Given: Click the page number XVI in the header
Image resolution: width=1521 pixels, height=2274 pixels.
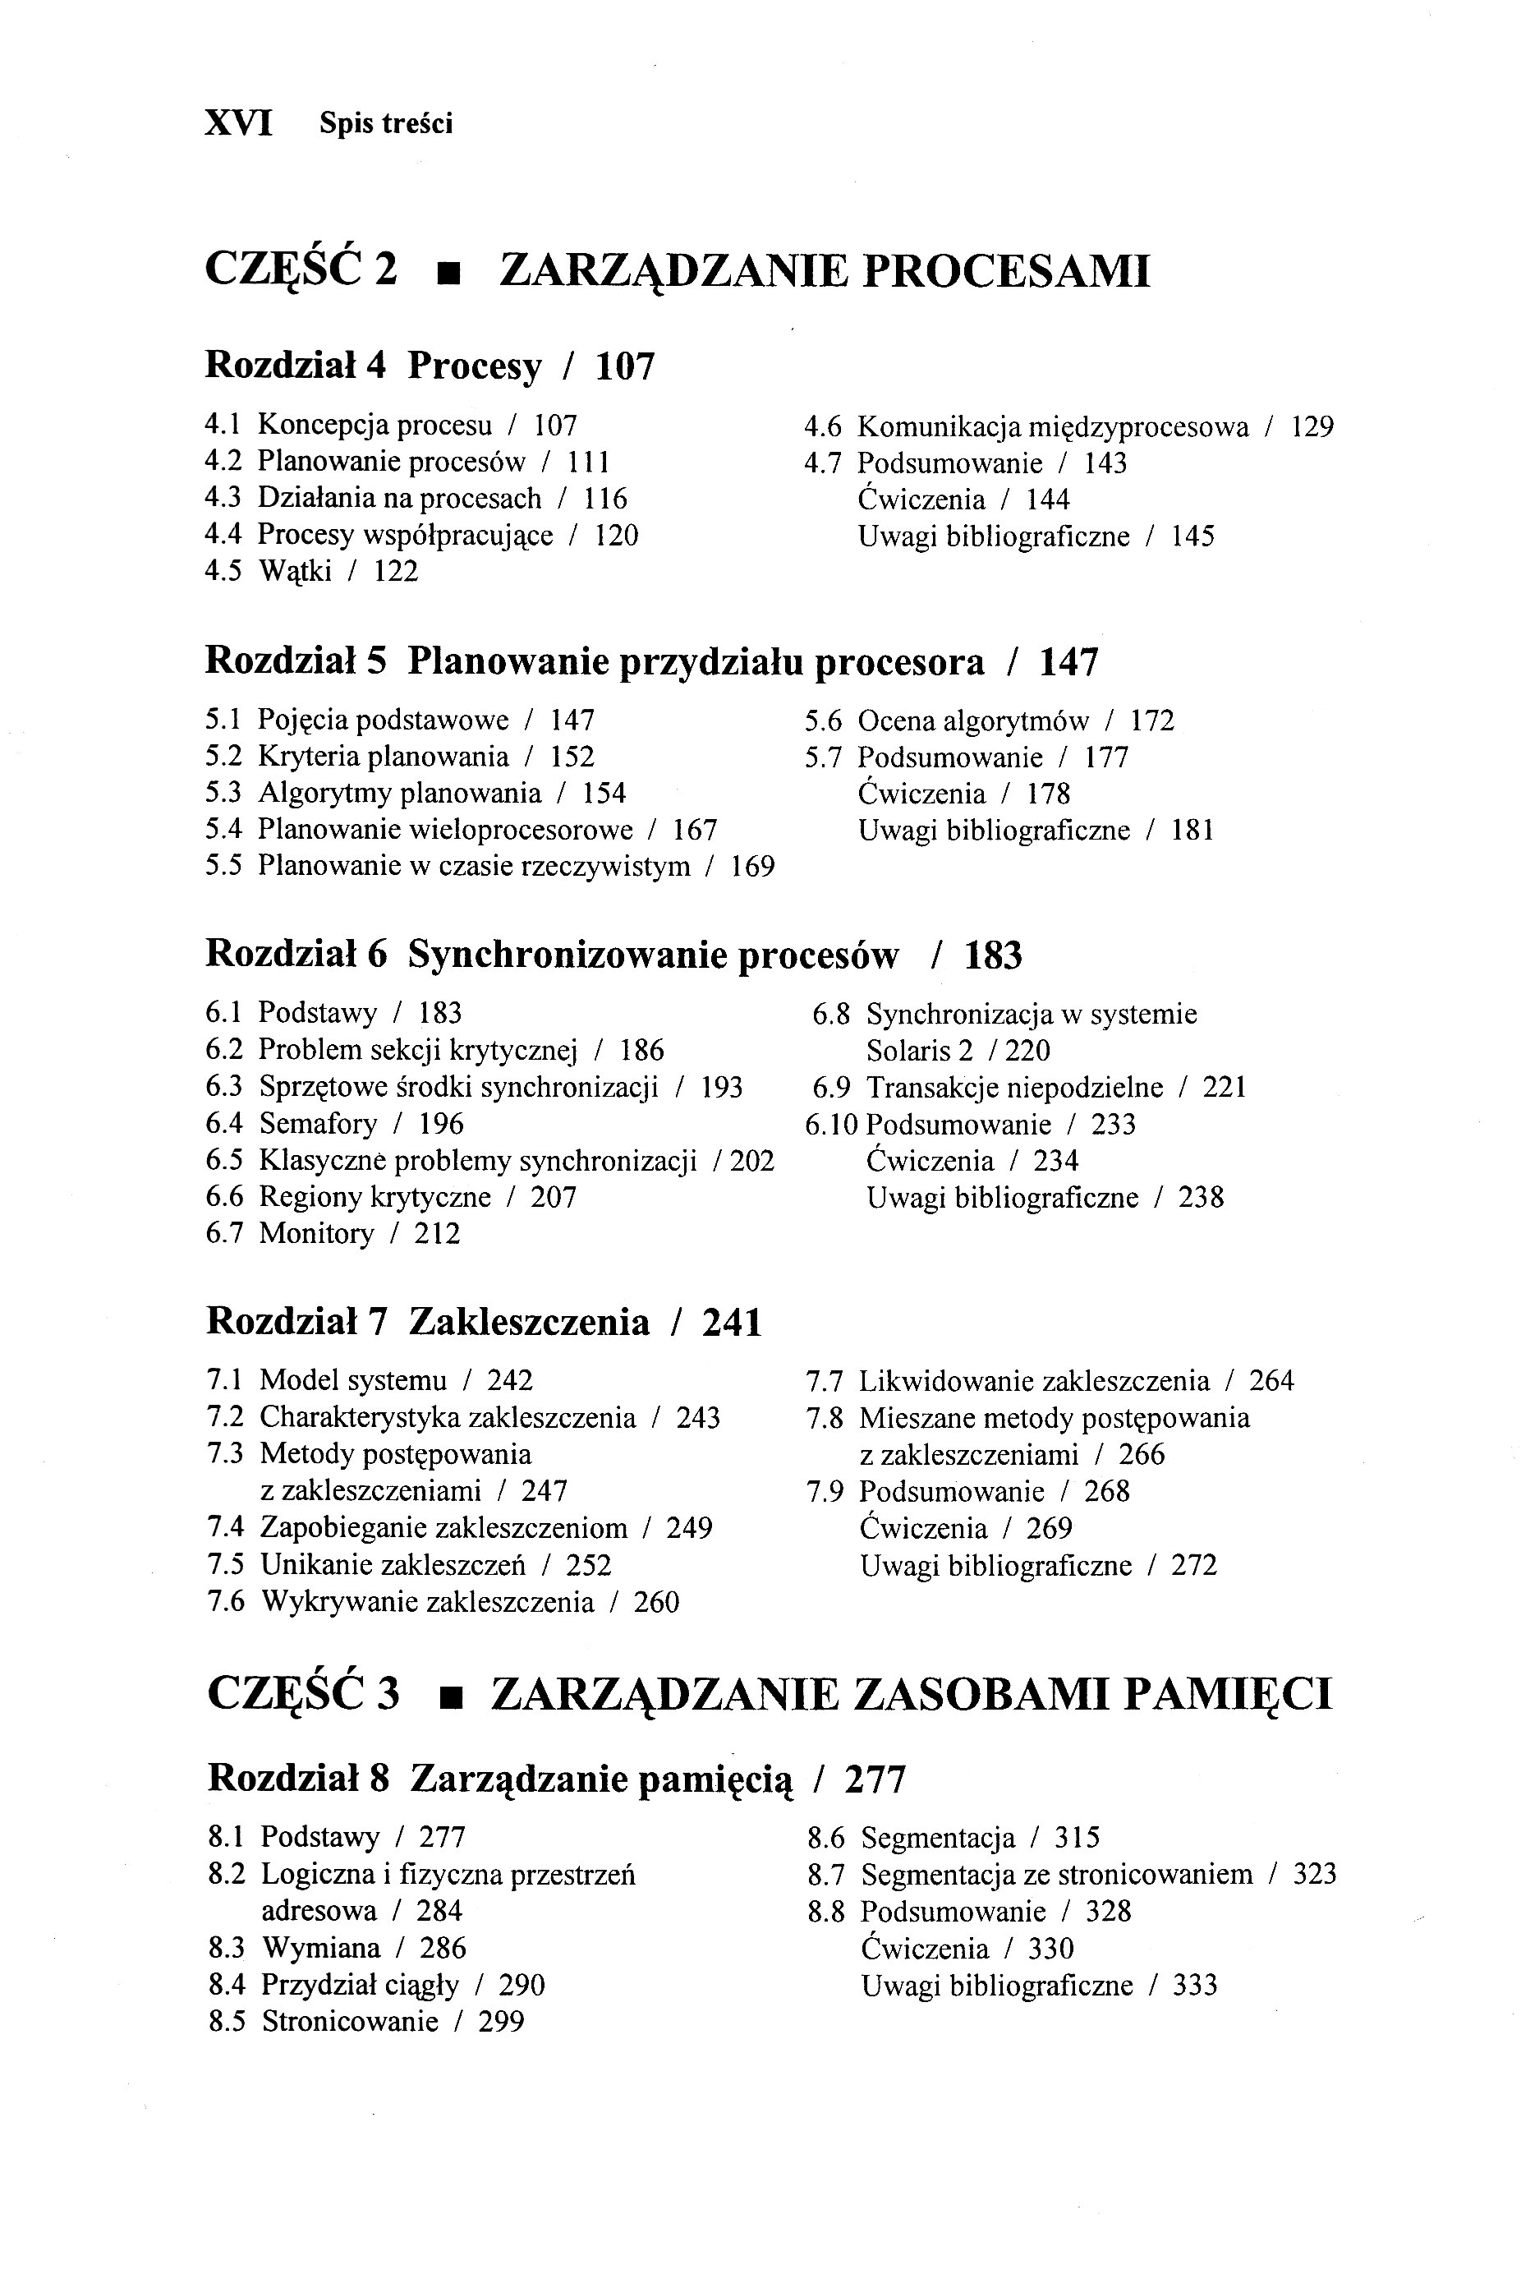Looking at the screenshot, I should pyautogui.click(x=239, y=123).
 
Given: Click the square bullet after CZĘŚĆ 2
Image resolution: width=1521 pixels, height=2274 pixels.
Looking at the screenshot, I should pyautogui.click(x=448, y=273).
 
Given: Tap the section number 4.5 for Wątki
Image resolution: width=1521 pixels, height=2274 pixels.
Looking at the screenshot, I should pyautogui.click(x=223, y=572).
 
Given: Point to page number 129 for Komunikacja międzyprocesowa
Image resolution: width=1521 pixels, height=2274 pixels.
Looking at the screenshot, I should pyautogui.click(x=1312, y=427).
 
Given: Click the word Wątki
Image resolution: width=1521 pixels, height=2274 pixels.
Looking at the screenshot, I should pyautogui.click(x=295, y=573).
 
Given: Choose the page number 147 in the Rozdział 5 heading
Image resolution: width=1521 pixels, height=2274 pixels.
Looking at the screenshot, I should pyautogui.click(x=1069, y=663).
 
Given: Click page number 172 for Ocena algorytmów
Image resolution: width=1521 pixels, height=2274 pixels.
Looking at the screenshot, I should pyautogui.click(x=1152, y=720).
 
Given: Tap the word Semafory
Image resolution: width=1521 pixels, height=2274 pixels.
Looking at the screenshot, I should pyautogui.click(x=317, y=1123).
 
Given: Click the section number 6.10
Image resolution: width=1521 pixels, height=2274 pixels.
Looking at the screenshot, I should pyautogui.click(x=831, y=1125).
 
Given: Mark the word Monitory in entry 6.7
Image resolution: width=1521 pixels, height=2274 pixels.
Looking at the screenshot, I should pyautogui.click(x=316, y=1234).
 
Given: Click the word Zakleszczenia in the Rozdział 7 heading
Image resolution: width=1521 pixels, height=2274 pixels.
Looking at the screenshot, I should pyautogui.click(x=529, y=1323).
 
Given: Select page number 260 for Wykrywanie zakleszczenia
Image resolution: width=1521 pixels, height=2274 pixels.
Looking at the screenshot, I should pyautogui.click(x=657, y=1602).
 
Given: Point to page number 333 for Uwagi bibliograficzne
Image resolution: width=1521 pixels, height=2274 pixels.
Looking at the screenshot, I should pyautogui.click(x=1195, y=1985).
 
